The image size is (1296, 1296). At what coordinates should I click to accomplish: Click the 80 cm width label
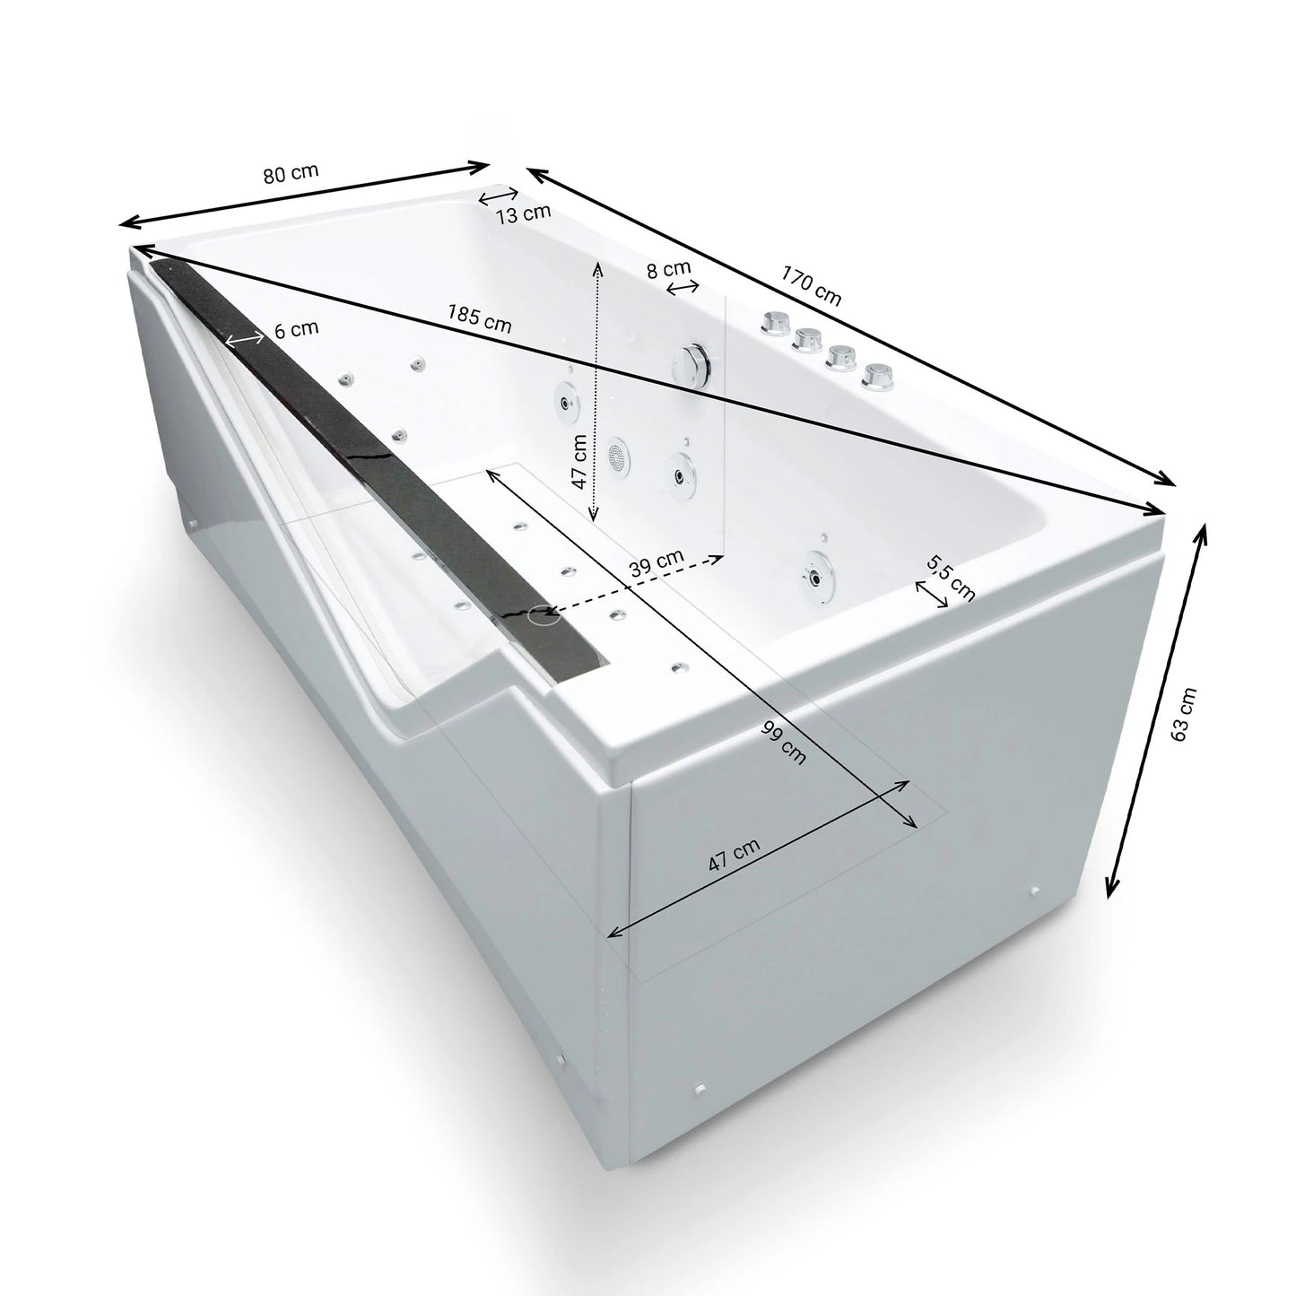(291, 173)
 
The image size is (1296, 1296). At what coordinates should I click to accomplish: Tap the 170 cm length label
(811, 285)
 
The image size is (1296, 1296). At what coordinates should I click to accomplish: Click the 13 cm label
(524, 213)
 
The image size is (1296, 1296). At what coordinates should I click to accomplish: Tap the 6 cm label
(297, 329)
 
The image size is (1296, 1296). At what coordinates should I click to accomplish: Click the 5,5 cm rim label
(951, 579)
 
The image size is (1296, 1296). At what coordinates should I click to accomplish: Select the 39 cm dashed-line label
(657, 563)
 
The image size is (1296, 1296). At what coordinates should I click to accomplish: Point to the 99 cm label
(784, 742)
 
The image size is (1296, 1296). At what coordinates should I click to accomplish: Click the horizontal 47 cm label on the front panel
(735, 855)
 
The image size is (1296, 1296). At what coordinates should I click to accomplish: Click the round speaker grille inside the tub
(617, 457)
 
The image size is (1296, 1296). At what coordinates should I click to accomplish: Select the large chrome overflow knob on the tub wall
(691, 364)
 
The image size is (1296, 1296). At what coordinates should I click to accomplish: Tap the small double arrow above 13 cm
(498, 196)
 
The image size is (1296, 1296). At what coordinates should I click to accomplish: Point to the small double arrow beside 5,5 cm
(932, 595)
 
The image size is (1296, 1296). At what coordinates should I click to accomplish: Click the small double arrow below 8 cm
(682, 288)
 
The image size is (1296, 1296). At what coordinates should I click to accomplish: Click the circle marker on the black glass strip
(544, 614)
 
